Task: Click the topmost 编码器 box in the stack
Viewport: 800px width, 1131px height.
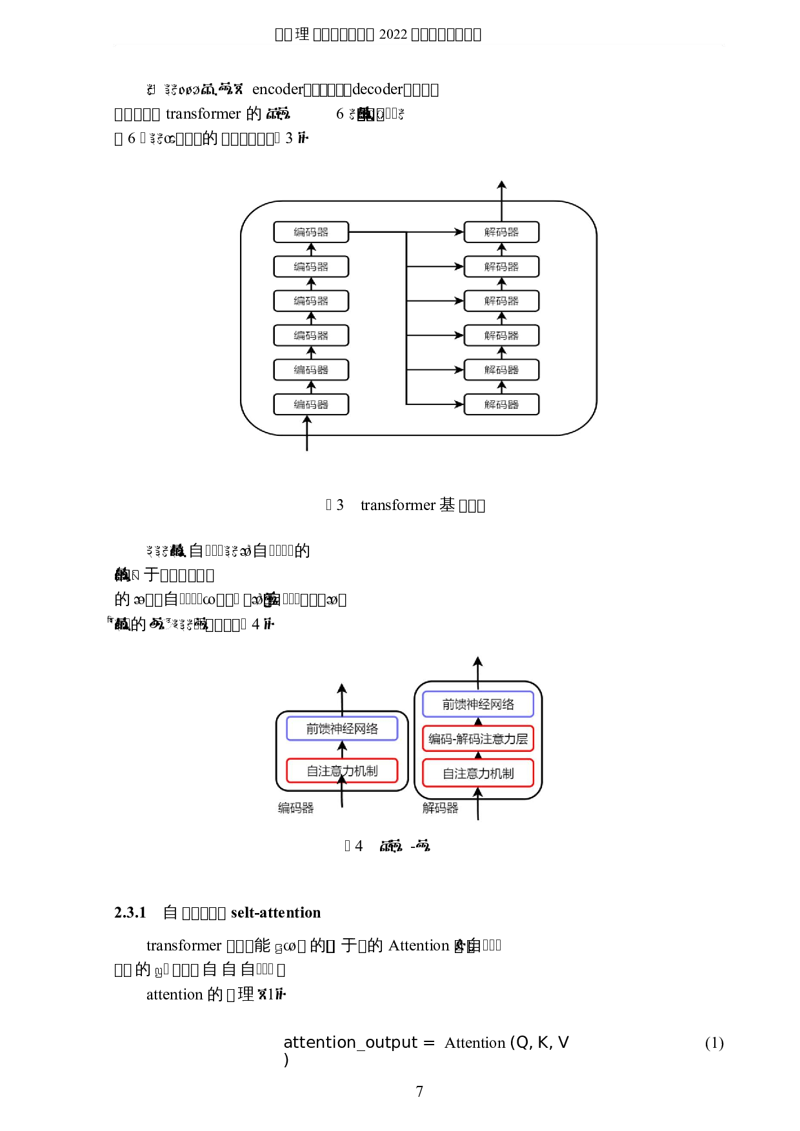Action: (311, 232)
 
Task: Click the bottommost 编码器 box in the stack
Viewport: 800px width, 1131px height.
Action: (311, 404)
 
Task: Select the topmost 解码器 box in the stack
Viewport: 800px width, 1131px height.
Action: (501, 232)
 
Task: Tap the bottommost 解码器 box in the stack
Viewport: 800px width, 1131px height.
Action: (501, 404)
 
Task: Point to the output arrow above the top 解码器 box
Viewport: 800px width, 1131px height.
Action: (502, 200)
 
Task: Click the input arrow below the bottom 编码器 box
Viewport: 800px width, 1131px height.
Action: (307, 433)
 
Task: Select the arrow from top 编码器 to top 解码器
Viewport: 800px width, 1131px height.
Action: (406, 232)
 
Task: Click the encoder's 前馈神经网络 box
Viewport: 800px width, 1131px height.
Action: (342, 729)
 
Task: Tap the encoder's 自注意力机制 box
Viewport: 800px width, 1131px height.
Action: (342, 771)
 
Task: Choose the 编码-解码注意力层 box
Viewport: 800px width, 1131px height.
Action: (478, 739)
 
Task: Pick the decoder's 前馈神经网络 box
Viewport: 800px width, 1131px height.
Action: (478, 704)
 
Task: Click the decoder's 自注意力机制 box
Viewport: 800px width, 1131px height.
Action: (478, 773)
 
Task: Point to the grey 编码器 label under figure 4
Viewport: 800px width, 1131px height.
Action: (295, 808)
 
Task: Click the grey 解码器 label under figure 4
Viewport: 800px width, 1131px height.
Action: (440, 808)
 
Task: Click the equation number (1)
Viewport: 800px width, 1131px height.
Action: (714, 1043)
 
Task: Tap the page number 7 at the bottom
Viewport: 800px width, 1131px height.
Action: (419, 1091)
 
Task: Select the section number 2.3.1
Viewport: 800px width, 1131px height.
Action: (130, 912)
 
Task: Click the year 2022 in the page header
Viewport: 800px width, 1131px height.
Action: (393, 34)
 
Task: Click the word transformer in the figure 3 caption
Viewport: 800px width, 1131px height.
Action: (398, 505)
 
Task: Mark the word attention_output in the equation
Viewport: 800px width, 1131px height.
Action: (350, 1043)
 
